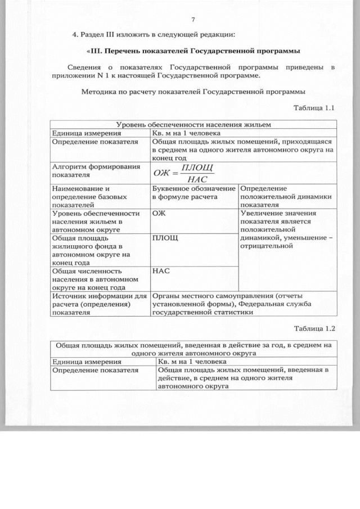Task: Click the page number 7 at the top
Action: [x=193, y=19]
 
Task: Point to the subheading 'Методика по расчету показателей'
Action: [x=193, y=91]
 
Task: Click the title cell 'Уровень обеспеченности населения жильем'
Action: [x=193, y=124]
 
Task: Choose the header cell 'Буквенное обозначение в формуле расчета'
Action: [x=193, y=193]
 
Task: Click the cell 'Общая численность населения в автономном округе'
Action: [x=94, y=278]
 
